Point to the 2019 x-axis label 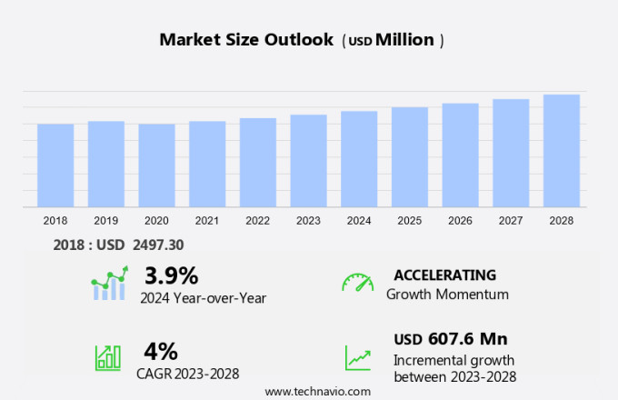coord(105,221)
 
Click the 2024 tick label coord(359,221)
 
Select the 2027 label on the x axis coord(511,221)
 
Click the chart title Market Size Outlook coord(247,40)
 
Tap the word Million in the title coord(404,40)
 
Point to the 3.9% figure coord(171,275)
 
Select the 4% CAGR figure coord(161,351)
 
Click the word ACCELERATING coord(444,275)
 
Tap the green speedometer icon coord(357,282)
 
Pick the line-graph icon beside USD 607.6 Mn coord(357,356)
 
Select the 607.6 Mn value coord(467,339)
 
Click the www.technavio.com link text coord(317,391)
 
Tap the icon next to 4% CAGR coord(107,357)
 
